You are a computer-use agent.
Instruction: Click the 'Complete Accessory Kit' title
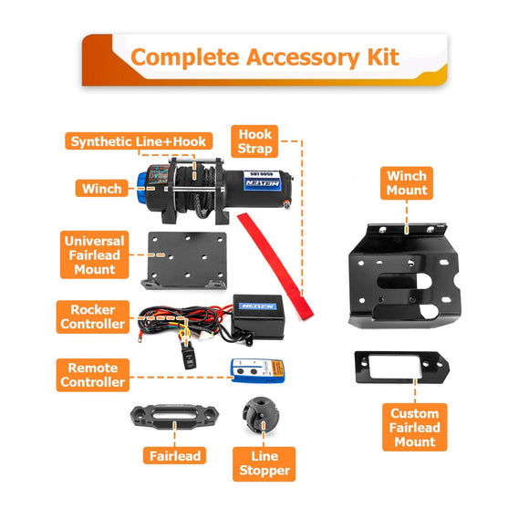pyautogui.click(x=264, y=57)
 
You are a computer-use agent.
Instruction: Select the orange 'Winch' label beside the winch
pyautogui.click(x=101, y=189)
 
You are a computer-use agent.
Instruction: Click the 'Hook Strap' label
pyautogui.click(x=254, y=140)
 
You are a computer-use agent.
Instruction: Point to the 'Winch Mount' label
pyautogui.click(x=407, y=182)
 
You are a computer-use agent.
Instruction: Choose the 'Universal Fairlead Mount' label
pyautogui.click(x=95, y=255)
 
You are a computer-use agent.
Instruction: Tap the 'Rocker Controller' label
pyautogui.click(x=92, y=316)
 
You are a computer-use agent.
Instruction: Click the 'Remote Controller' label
pyautogui.click(x=92, y=374)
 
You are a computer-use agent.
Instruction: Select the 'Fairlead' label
pyautogui.click(x=173, y=454)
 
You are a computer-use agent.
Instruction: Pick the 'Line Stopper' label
pyautogui.click(x=264, y=462)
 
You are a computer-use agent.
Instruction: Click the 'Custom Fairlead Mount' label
pyautogui.click(x=415, y=427)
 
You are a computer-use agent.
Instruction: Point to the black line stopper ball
pyautogui.click(x=255, y=415)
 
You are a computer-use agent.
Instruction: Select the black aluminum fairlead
pyautogui.click(x=172, y=417)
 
